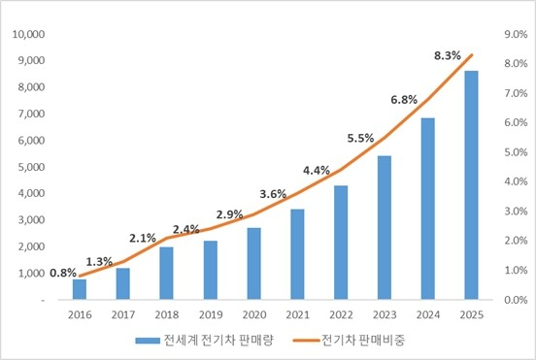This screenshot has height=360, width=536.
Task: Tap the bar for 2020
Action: coord(253,263)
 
